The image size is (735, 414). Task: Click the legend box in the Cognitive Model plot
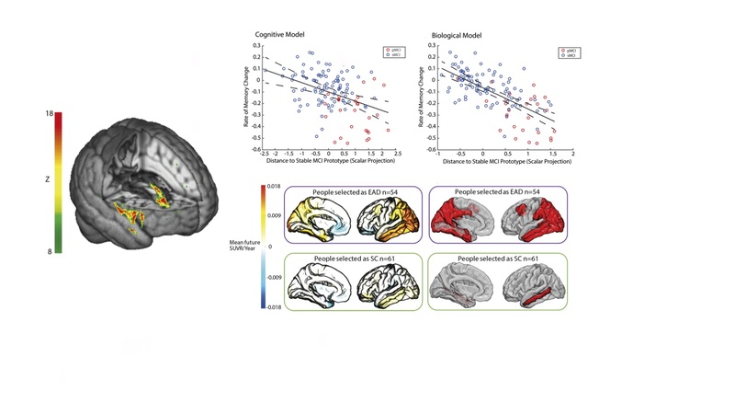[392, 53]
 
